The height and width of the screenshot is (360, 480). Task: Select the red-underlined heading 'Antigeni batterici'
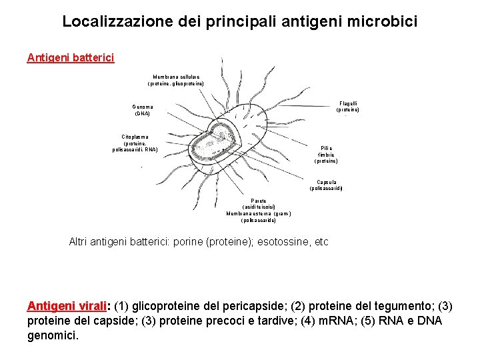point(71,58)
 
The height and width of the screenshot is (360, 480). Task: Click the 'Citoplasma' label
point(135,137)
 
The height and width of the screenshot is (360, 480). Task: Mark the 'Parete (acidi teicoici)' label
point(259,203)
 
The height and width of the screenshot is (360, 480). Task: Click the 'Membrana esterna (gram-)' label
point(258,213)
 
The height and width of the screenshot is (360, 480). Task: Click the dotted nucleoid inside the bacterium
point(215,139)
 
